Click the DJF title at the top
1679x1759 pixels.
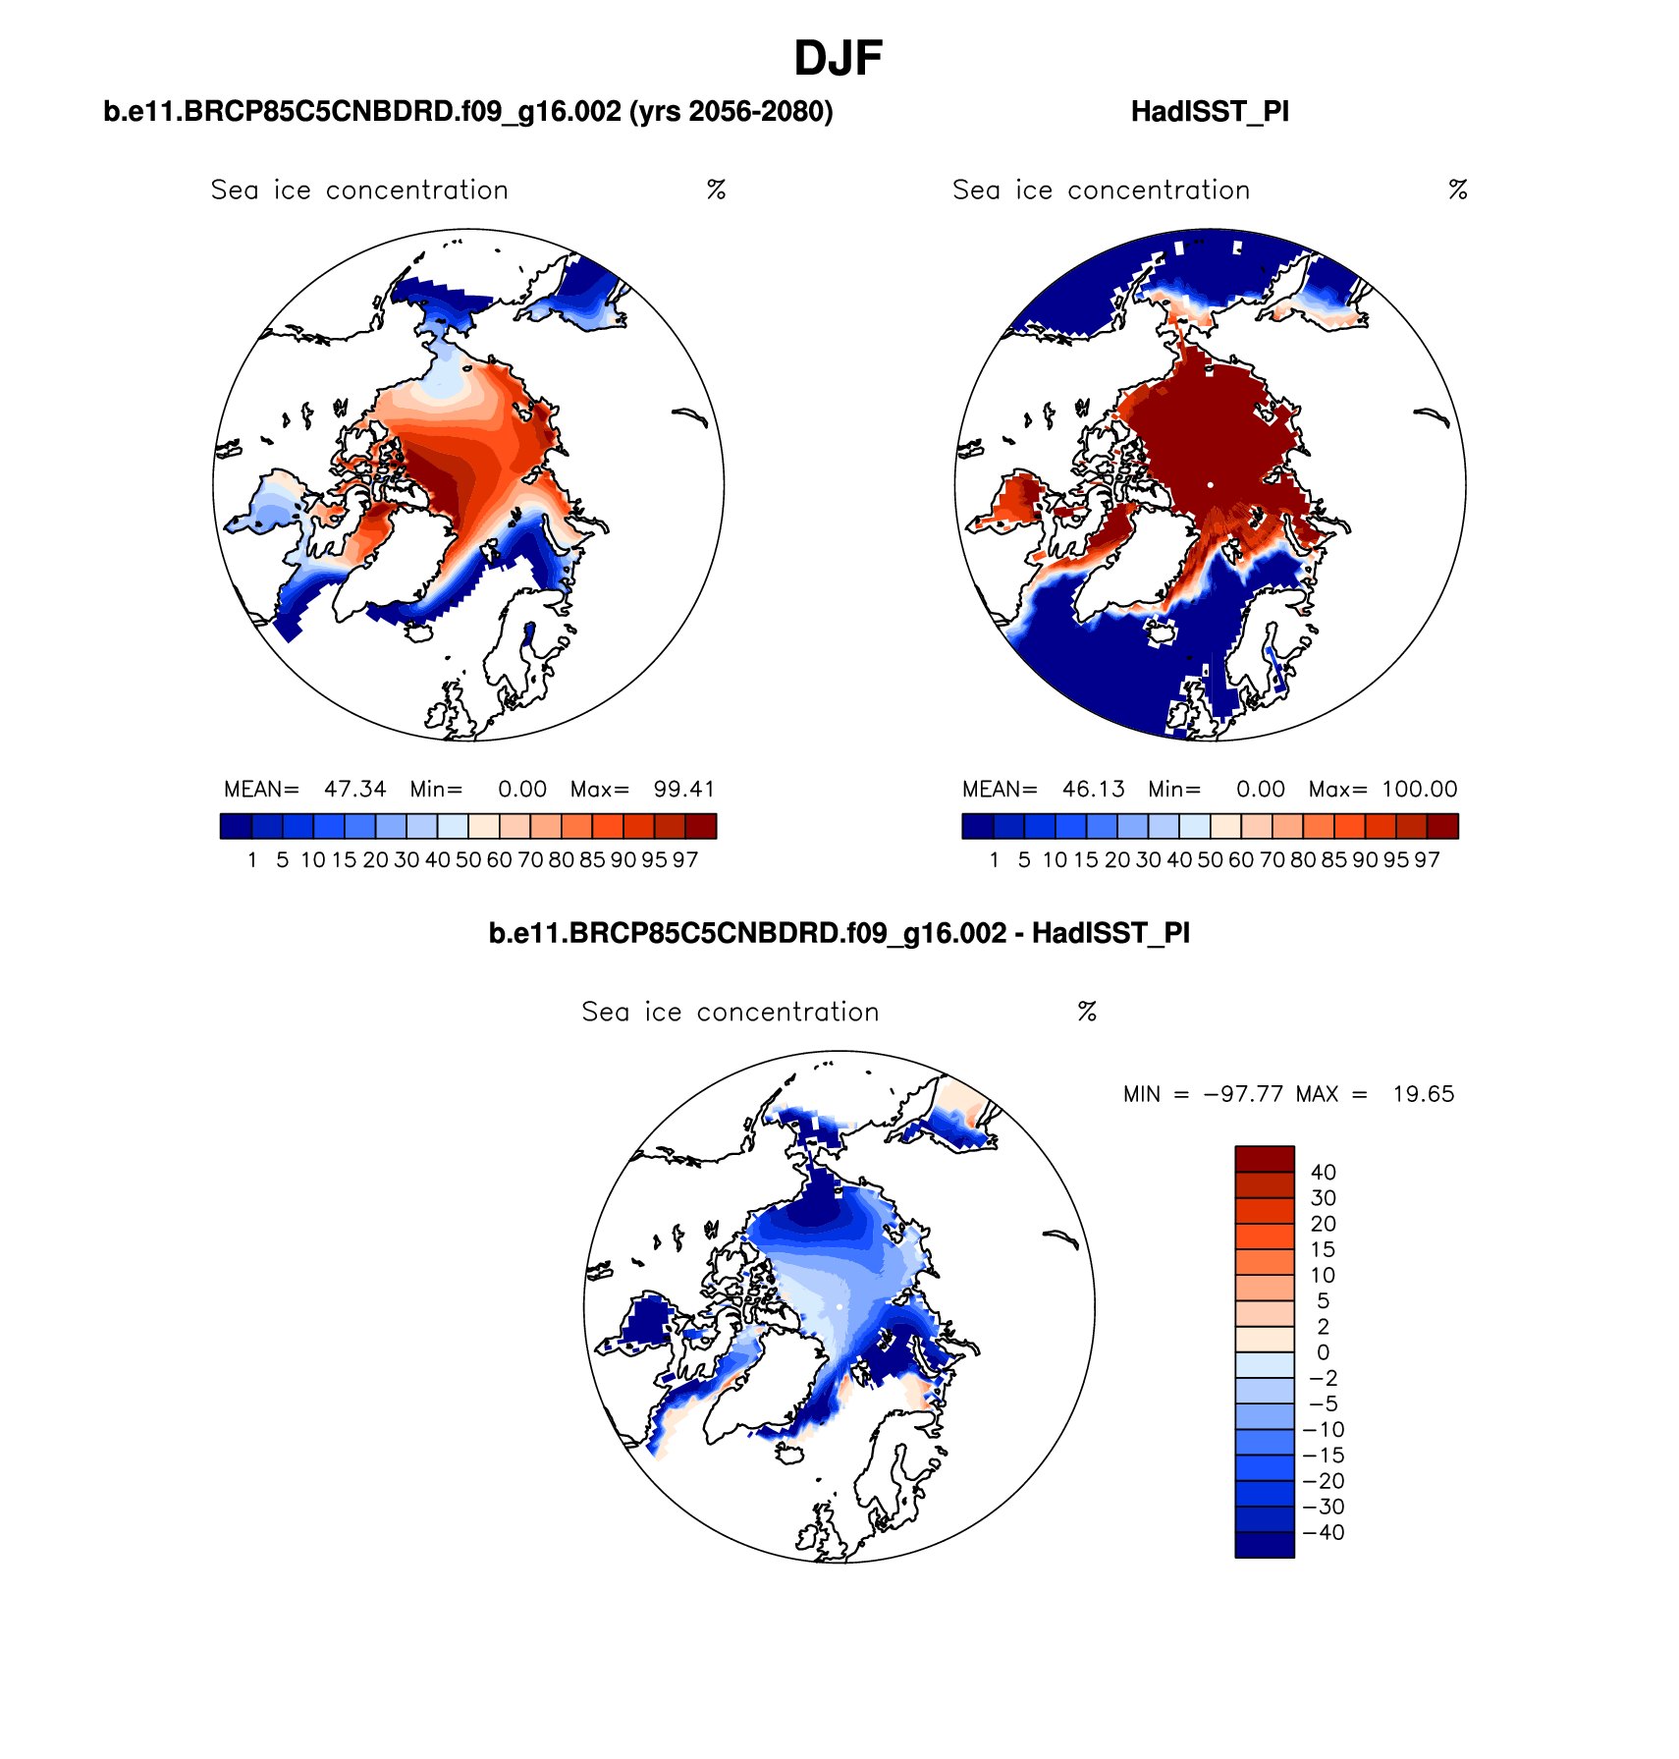(838, 59)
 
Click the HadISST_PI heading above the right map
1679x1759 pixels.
(1210, 112)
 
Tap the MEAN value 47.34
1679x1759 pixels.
(355, 790)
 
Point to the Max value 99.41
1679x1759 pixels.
(684, 790)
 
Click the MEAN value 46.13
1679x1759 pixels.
(1093, 790)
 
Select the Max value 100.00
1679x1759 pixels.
(1420, 790)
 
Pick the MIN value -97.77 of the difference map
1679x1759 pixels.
(1243, 1094)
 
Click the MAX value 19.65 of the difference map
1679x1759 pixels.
(1424, 1094)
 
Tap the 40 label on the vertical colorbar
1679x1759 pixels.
(1323, 1173)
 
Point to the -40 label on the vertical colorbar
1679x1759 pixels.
(1323, 1533)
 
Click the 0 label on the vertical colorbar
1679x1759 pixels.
(1323, 1353)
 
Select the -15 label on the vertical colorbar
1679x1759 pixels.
(1323, 1456)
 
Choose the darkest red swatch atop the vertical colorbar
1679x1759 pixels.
(1264, 1159)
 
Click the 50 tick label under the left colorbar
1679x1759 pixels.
(468, 860)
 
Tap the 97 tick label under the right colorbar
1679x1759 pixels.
(1427, 860)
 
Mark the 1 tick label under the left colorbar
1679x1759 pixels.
(252, 860)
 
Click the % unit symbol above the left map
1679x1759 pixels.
(716, 191)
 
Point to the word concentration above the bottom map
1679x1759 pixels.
(787, 1013)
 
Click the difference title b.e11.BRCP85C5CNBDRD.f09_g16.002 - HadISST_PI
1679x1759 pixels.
(839, 933)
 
